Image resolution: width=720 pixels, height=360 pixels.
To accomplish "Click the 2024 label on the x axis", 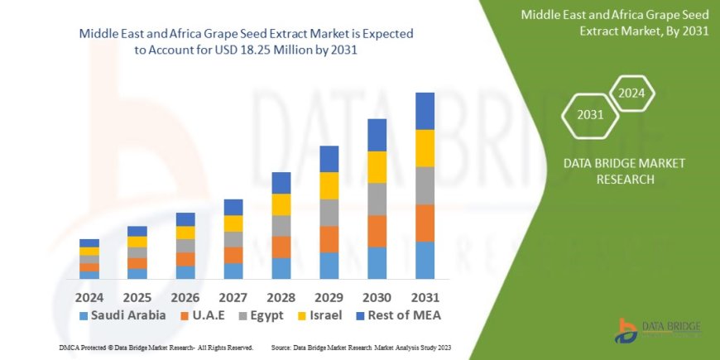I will (89, 295).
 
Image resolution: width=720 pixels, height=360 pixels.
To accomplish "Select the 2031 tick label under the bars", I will (425, 295).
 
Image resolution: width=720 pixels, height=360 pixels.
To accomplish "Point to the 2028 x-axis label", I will (281, 295).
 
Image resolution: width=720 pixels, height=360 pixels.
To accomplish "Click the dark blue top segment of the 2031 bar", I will (425, 111).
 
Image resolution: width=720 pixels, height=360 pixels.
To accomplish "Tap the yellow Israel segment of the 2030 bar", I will (377, 167).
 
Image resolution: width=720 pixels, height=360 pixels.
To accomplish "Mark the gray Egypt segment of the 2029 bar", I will (329, 213).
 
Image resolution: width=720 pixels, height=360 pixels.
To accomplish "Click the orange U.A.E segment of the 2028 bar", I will (281, 247).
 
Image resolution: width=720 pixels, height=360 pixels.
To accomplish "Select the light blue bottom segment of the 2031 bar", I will (425, 260).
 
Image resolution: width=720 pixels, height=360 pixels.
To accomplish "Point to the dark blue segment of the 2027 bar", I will (233, 207).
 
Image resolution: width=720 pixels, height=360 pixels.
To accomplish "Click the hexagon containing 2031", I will (591, 114).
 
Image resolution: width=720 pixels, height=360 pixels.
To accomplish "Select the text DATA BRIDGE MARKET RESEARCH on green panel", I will (612, 170).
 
